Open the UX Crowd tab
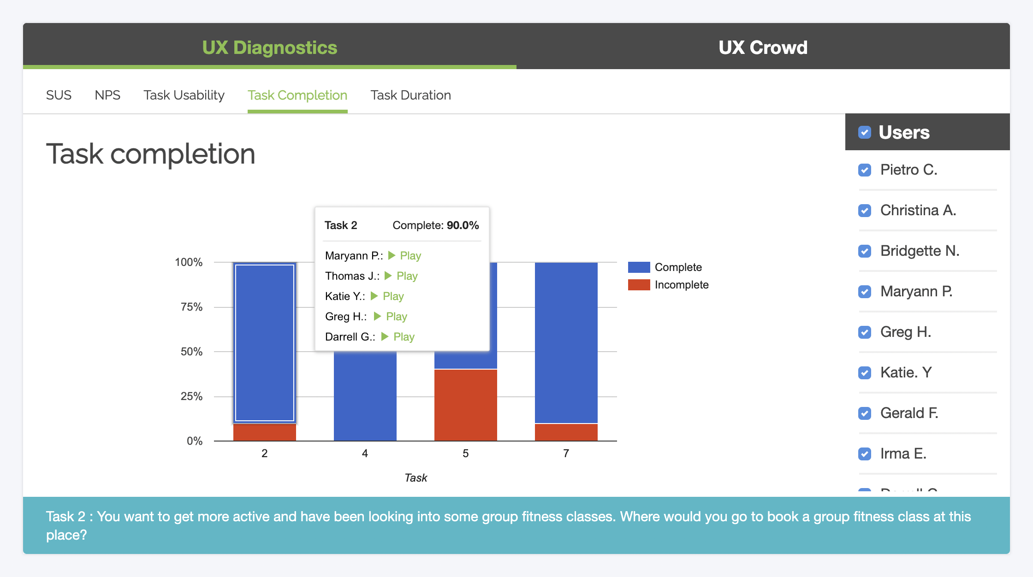click(763, 47)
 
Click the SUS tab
click(59, 95)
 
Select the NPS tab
click(107, 95)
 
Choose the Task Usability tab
click(184, 95)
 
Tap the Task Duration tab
click(410, 95)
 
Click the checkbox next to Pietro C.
click(865, 170)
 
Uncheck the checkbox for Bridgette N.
click(865, 251)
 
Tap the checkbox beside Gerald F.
click(865, 413)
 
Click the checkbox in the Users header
click(865, 133)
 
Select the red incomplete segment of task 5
click(465, 405)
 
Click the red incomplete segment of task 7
click(566, 432)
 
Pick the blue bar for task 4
click(365, 396)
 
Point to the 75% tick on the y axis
click(191, 307)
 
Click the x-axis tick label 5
click(465, 453)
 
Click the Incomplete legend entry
click(681, 285)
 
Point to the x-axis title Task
click(416, 478)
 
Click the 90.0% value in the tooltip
click(463, 225)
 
